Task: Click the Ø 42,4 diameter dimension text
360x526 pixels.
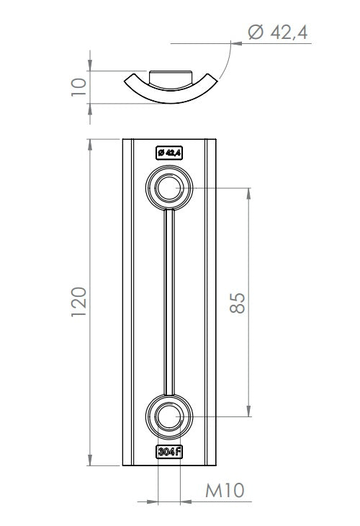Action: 277,32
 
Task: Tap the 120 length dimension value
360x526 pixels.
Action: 79,302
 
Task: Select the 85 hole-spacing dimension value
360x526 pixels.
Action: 238,303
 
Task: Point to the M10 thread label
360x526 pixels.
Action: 225,491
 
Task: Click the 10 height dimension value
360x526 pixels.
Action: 79,87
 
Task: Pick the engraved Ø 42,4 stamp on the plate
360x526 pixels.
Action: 169,153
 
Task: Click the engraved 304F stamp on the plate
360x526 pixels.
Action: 169,452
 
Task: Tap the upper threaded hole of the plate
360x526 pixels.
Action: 169,188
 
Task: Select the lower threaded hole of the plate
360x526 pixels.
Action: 169,416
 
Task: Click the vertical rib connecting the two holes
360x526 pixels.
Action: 169,302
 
